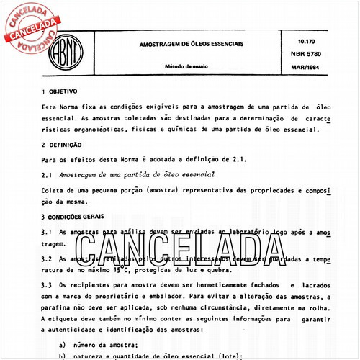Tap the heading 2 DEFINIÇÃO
pyautogui.click(x=63, y=145)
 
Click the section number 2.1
pyautogui.click(x=47, y=174)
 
